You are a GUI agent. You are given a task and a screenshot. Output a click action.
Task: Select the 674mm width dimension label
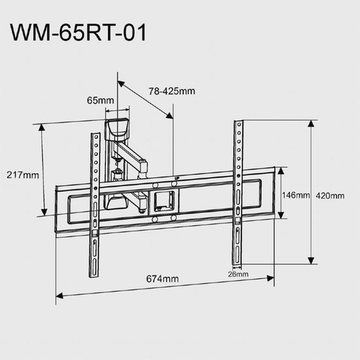click(163, 279)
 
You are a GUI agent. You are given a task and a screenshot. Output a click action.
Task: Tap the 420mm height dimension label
click(330, 196)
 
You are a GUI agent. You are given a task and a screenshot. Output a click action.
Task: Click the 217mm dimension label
click(21, 175)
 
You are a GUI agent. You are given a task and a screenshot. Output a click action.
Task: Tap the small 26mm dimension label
click(238, 274)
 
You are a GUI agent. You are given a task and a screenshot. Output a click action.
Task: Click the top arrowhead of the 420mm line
click(310, 123)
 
